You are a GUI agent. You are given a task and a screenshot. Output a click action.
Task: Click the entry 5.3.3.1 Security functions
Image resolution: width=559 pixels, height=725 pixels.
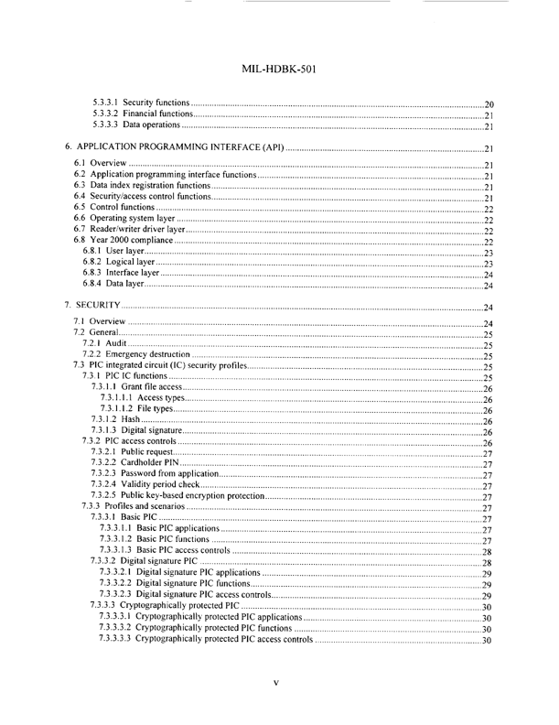[x=143, y=103]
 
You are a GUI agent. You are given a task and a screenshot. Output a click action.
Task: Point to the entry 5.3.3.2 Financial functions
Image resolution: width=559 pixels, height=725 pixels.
[x=145, y=115]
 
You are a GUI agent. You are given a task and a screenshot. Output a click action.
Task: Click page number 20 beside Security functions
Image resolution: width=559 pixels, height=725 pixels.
[x=489, y=104]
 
